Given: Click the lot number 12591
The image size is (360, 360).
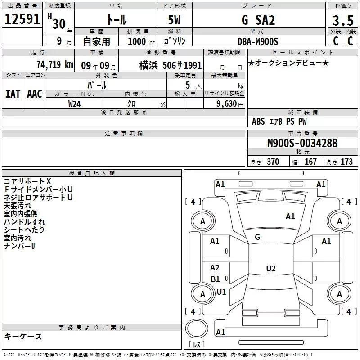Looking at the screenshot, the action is [x=22, y=20].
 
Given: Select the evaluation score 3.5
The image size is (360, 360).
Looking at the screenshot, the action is [x=342, y=21].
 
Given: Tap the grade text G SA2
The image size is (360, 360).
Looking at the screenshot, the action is [x=258, y=20].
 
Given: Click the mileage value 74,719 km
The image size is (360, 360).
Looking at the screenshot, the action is [x=54, y=65].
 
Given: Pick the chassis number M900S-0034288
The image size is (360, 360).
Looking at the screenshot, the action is [x=302, y=144].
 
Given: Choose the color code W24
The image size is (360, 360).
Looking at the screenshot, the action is [x=75, y=104].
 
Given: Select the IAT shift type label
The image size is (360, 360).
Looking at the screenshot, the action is [x=13, y=94].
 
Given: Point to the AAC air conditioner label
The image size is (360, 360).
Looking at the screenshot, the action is [x=34, y=94].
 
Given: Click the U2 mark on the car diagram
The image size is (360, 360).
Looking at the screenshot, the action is [x=270, y=269].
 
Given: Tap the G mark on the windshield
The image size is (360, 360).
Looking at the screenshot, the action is [x=257, y=237].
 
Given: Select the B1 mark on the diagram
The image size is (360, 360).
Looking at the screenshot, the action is [x=215, y=279].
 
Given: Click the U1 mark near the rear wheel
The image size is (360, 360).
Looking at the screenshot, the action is [x=221, y=292].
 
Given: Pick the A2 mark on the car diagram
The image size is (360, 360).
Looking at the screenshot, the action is [x=215, y=268].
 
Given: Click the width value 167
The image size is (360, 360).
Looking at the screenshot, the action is [x=310, y=162].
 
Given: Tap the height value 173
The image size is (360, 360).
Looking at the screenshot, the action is [x=346, y=162].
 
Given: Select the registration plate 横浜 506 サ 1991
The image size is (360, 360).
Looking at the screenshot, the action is [x=171, y=65].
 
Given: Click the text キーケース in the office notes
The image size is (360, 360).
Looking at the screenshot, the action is [x=23, y=336].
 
